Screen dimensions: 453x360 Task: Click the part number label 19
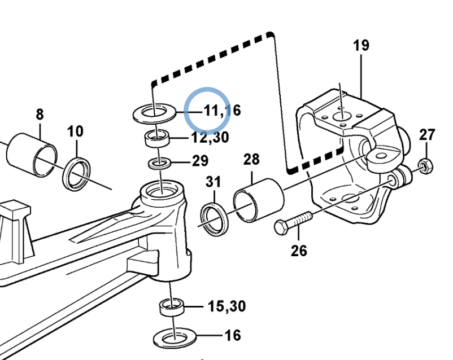click(361, 45)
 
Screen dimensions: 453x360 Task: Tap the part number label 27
click(427, 135)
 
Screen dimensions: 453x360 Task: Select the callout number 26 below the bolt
click(299, 251)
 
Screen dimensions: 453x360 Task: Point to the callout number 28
click(251, 159)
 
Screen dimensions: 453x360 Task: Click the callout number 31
click(213, 182)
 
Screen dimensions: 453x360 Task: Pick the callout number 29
click(200, 161)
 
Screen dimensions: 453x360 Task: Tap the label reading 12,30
click(210, 138)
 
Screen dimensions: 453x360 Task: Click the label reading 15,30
click(227, 306)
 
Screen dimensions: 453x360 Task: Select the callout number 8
click(40, 115)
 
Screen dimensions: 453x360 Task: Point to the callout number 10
click(75, 131)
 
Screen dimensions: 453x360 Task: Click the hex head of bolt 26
click(281, 227)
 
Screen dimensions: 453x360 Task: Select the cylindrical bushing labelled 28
click(259, 200)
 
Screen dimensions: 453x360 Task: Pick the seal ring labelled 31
click(215, 220)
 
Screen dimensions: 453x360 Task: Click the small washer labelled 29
click(159, 164)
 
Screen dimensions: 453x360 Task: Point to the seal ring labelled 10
click(76, 174)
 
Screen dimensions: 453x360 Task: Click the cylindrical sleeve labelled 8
click(32, 155)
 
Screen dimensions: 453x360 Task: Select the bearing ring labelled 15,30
click(172, 308)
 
